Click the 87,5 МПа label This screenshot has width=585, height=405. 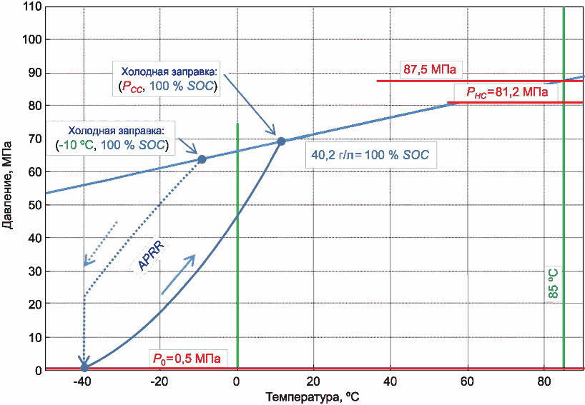pyautogui.click(x=430, y=69)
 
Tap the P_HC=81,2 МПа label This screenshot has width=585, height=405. pyautogui.click(x=507, y=92)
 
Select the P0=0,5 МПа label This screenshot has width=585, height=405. pyautogui.click(x=187, y=359)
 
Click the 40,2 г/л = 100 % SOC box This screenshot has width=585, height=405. pyautogui.click(x=370, y=154)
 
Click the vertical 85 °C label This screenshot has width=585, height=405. pyautogui.click(x=554, y=283)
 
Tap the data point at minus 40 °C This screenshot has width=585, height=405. pyautogui.click(x=84, y=368)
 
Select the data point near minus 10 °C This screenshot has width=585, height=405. pyautogui.click(x=202, y=159)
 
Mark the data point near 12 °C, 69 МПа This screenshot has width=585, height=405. pyautogui.click(x=281, y=141)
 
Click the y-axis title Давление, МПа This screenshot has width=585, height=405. pyautogui.click(x=7, y=185)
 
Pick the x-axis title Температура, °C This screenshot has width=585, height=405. pyautogui.click(x=313, y=397)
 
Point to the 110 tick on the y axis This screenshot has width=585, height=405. pyautogui.click(x=31, y=6)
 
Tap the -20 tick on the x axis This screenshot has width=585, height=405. pyautogui.click(x=159, y=381)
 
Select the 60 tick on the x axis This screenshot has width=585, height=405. pyautogui.click(x=467, y=381)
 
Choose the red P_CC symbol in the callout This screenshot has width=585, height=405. pyautogui.click(x=132, y=87)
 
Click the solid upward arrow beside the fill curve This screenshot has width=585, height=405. pyautogui.click(x=178, y=274)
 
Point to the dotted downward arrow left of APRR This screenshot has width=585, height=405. pyautogui.click(x=101, y=244)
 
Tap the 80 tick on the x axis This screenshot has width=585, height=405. pyautogui.click(x=544, y=381)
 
